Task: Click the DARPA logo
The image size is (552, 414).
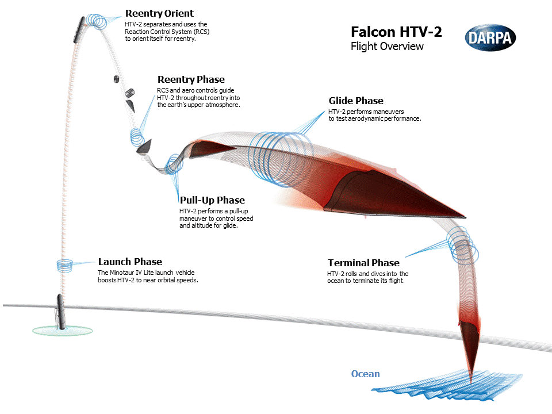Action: (490, 38)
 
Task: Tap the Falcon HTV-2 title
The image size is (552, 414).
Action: (396, 32)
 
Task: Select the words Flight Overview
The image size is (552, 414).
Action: (387, 47)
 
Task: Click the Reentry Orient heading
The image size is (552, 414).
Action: (159, 13)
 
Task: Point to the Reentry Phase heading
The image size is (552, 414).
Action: (191, 79)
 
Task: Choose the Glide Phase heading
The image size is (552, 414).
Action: (356, 101)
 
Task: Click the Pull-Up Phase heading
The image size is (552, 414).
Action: (212, 200)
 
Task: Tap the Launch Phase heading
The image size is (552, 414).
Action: (130, 262)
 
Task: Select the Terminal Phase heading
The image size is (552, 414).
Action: (363, 263)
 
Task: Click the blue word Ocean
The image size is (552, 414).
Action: (366, 374)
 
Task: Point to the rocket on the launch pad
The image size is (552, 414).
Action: (59, 312)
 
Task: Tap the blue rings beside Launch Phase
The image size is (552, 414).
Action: (64, 264)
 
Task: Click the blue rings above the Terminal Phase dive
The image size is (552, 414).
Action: (463, 244)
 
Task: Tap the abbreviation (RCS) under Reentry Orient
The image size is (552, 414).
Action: (199, 32)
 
